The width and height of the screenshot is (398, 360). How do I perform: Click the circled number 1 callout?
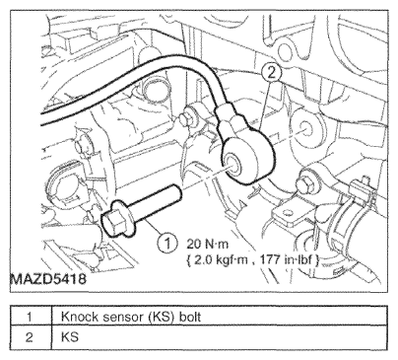click(167, 244)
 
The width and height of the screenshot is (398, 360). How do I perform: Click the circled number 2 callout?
click(271, 73)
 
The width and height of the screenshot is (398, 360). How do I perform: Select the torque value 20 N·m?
click(207, 244)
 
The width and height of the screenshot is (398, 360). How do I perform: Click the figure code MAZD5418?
click(48, 279)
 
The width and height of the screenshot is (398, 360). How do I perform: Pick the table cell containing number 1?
click(31, 316)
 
